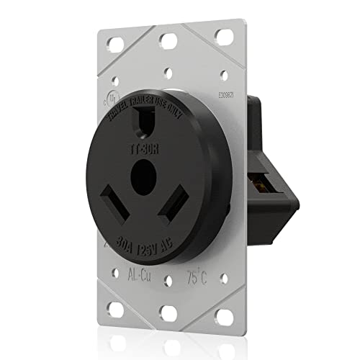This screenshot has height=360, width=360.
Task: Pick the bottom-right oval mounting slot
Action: [220, 318]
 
